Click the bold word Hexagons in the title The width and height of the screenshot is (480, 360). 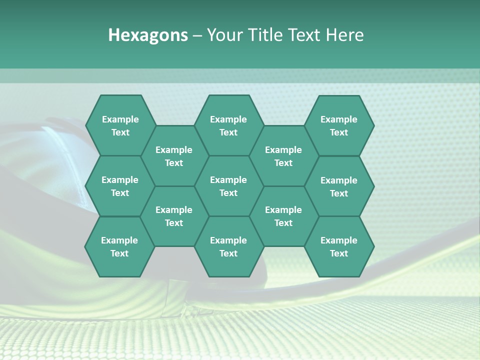(148, 35)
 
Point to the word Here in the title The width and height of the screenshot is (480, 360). (344, 35)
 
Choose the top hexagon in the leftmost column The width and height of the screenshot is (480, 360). (120, 125)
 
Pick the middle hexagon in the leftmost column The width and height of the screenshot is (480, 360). (120, 186)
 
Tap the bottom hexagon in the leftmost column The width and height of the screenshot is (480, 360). (119, 246)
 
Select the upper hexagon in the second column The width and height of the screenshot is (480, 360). (174, 156)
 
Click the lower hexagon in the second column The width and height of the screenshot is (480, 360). (174, 216)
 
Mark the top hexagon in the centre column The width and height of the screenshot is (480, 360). (228, 125)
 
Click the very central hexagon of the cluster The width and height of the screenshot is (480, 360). (228, 186)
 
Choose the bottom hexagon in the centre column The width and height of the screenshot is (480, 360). (228, 246)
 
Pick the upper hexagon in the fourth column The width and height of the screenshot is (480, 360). (283, 156)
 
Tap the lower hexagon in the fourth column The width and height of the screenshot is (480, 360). (283, 216)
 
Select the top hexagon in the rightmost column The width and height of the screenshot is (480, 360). (339, 125)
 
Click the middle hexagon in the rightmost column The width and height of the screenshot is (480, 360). (339, 186)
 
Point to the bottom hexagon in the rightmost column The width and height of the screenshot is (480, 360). (339, 246)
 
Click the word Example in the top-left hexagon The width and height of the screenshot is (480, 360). (120, 119)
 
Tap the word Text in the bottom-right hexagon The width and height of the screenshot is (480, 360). (339, 253)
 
